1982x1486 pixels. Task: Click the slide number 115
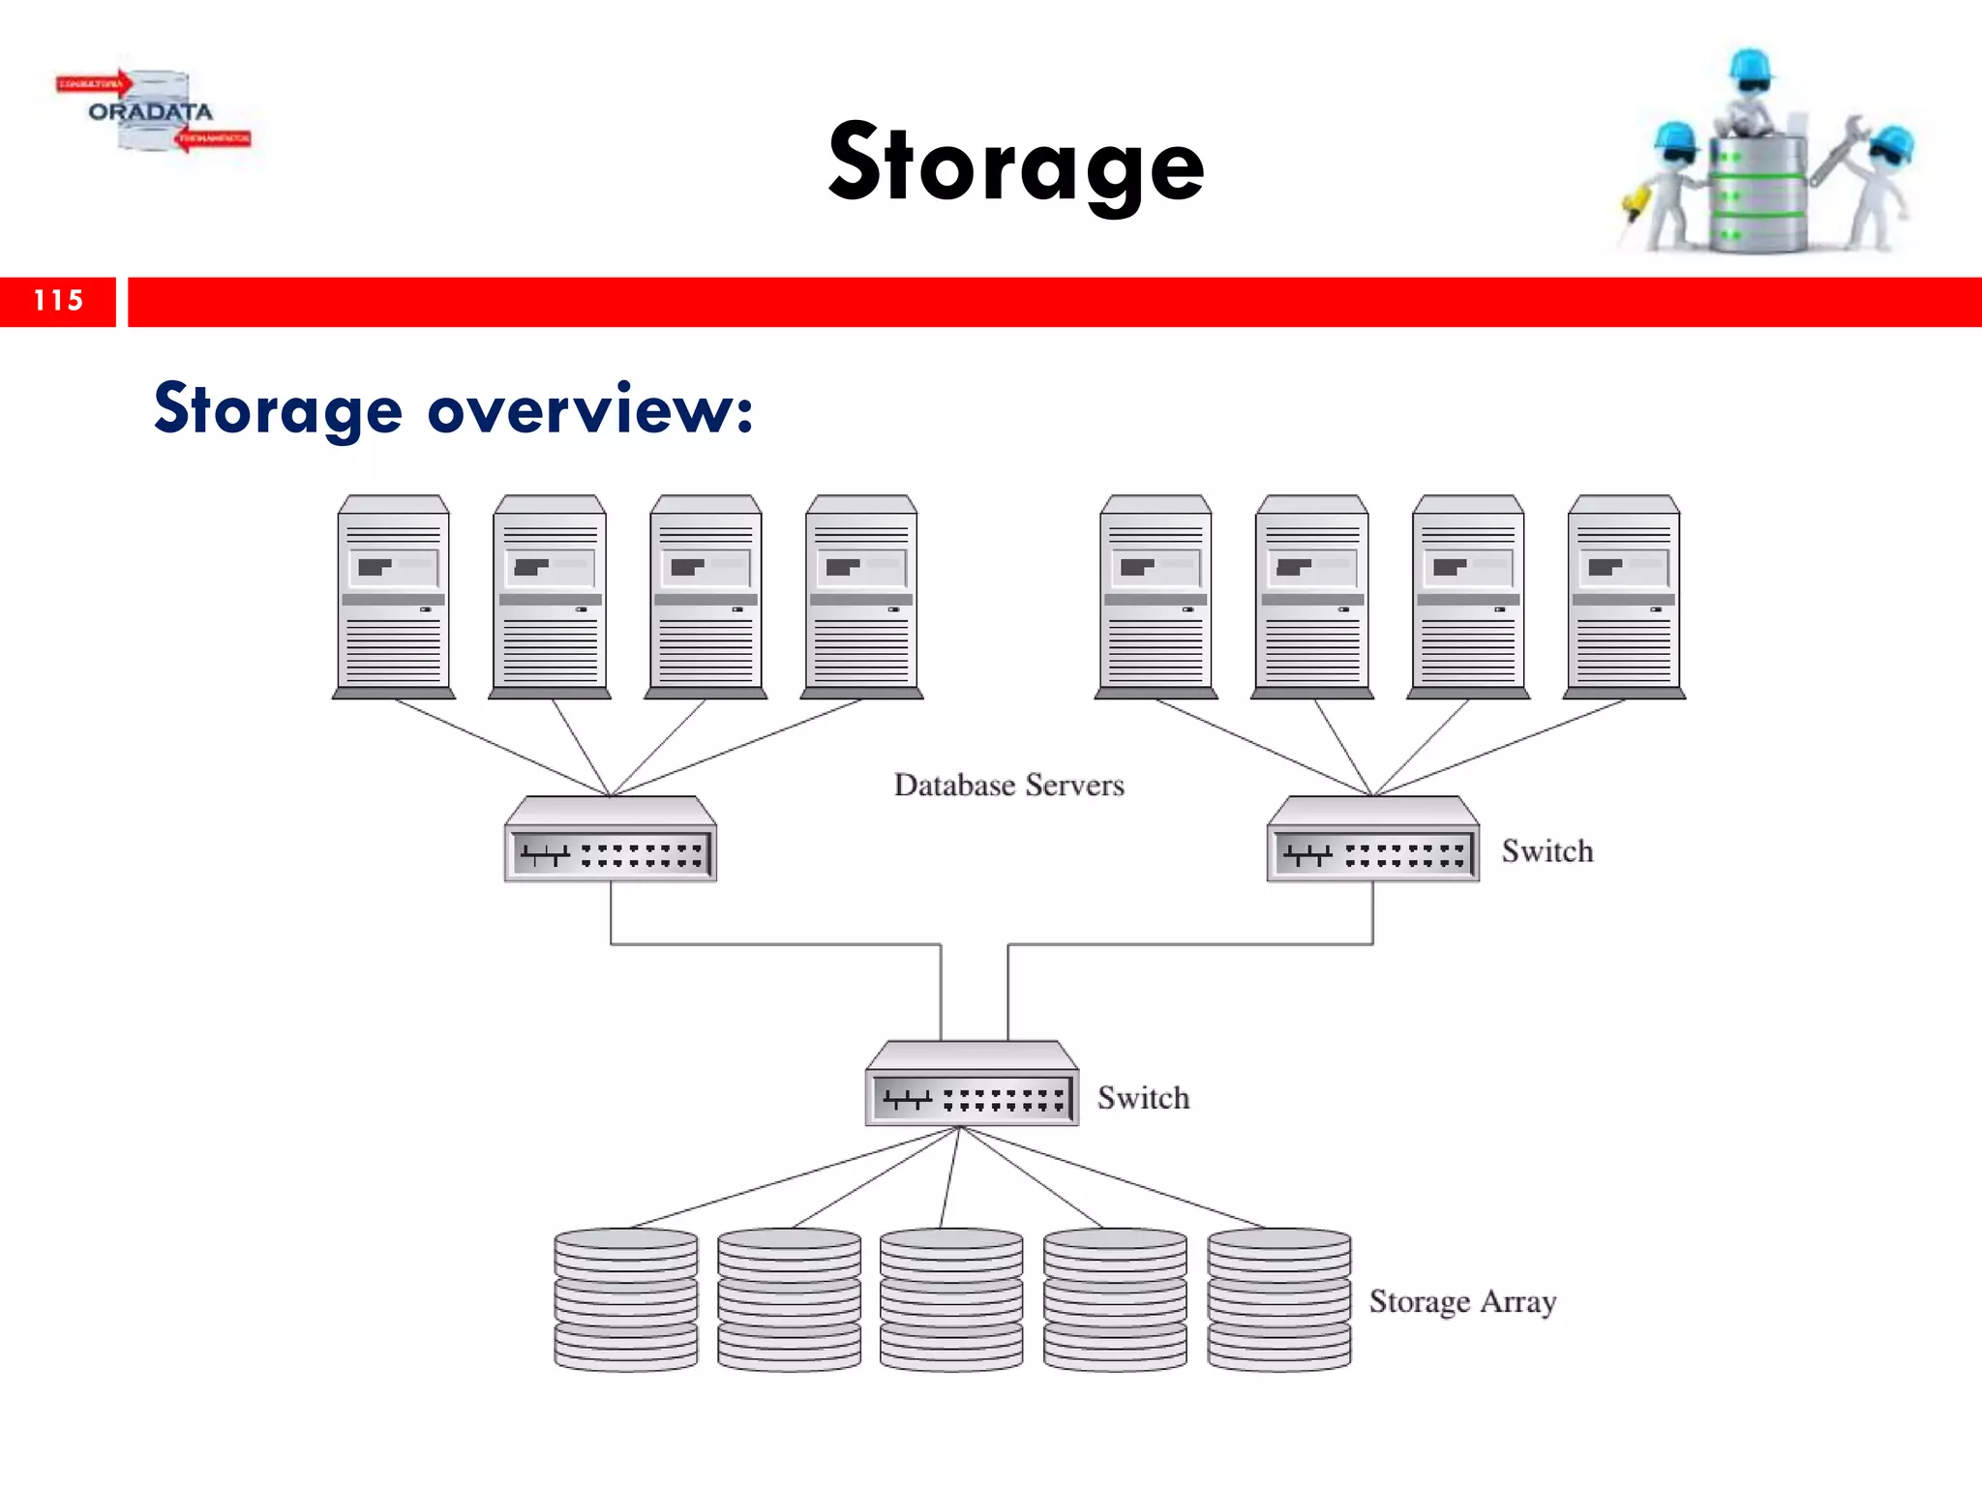58,301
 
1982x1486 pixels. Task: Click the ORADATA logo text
150,112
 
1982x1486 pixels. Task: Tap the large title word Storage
1016,164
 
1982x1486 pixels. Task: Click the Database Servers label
1008,785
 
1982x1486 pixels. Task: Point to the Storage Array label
1461,1301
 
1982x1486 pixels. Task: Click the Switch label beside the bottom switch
1143,1098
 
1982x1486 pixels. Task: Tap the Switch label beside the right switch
1547,851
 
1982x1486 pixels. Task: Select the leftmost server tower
393,597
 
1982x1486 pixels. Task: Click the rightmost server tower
1624,597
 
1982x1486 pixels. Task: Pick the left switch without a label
611,840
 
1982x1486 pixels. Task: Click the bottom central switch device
972,1085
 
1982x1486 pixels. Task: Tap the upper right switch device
1372,840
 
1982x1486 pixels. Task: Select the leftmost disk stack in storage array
625,1299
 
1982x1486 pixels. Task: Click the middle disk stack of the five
951,1299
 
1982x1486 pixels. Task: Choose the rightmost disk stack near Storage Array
1278,1299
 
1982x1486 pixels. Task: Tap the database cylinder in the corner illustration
1757,193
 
